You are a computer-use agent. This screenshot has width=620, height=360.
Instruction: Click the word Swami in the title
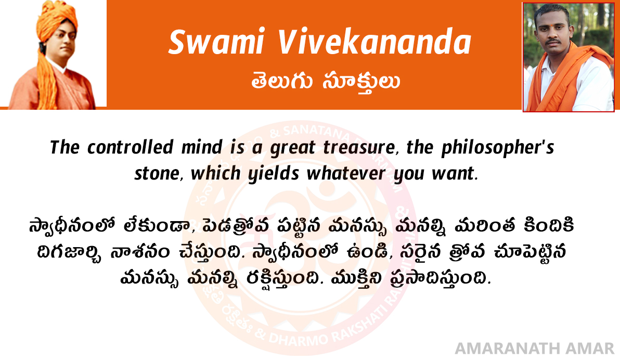pyautogui.click(x=216, y=42)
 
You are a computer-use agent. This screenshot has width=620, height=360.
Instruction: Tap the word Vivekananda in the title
pyautogui.click(x=374, y=42)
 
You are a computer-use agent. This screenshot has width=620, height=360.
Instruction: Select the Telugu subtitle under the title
pyautogui.click(x=326, y=82)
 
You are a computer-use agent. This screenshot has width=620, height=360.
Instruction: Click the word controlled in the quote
pyautogui.click(x=130, y=148)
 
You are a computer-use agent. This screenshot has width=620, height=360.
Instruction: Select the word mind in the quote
pyautogui.click(x=202, y=148)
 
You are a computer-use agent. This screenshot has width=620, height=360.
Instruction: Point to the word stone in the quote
pyautogui.click(x=157, y=174)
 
